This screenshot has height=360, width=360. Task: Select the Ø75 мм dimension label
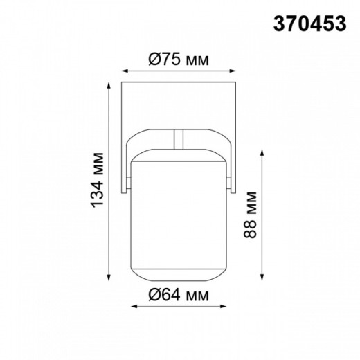[179, 59]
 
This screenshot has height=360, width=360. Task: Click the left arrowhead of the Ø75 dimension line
[124, 70]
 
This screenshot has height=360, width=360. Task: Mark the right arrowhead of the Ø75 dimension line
[236, 70]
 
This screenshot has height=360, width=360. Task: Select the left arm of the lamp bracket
[127, 166]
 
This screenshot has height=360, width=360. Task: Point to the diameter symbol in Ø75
[154, 59]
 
